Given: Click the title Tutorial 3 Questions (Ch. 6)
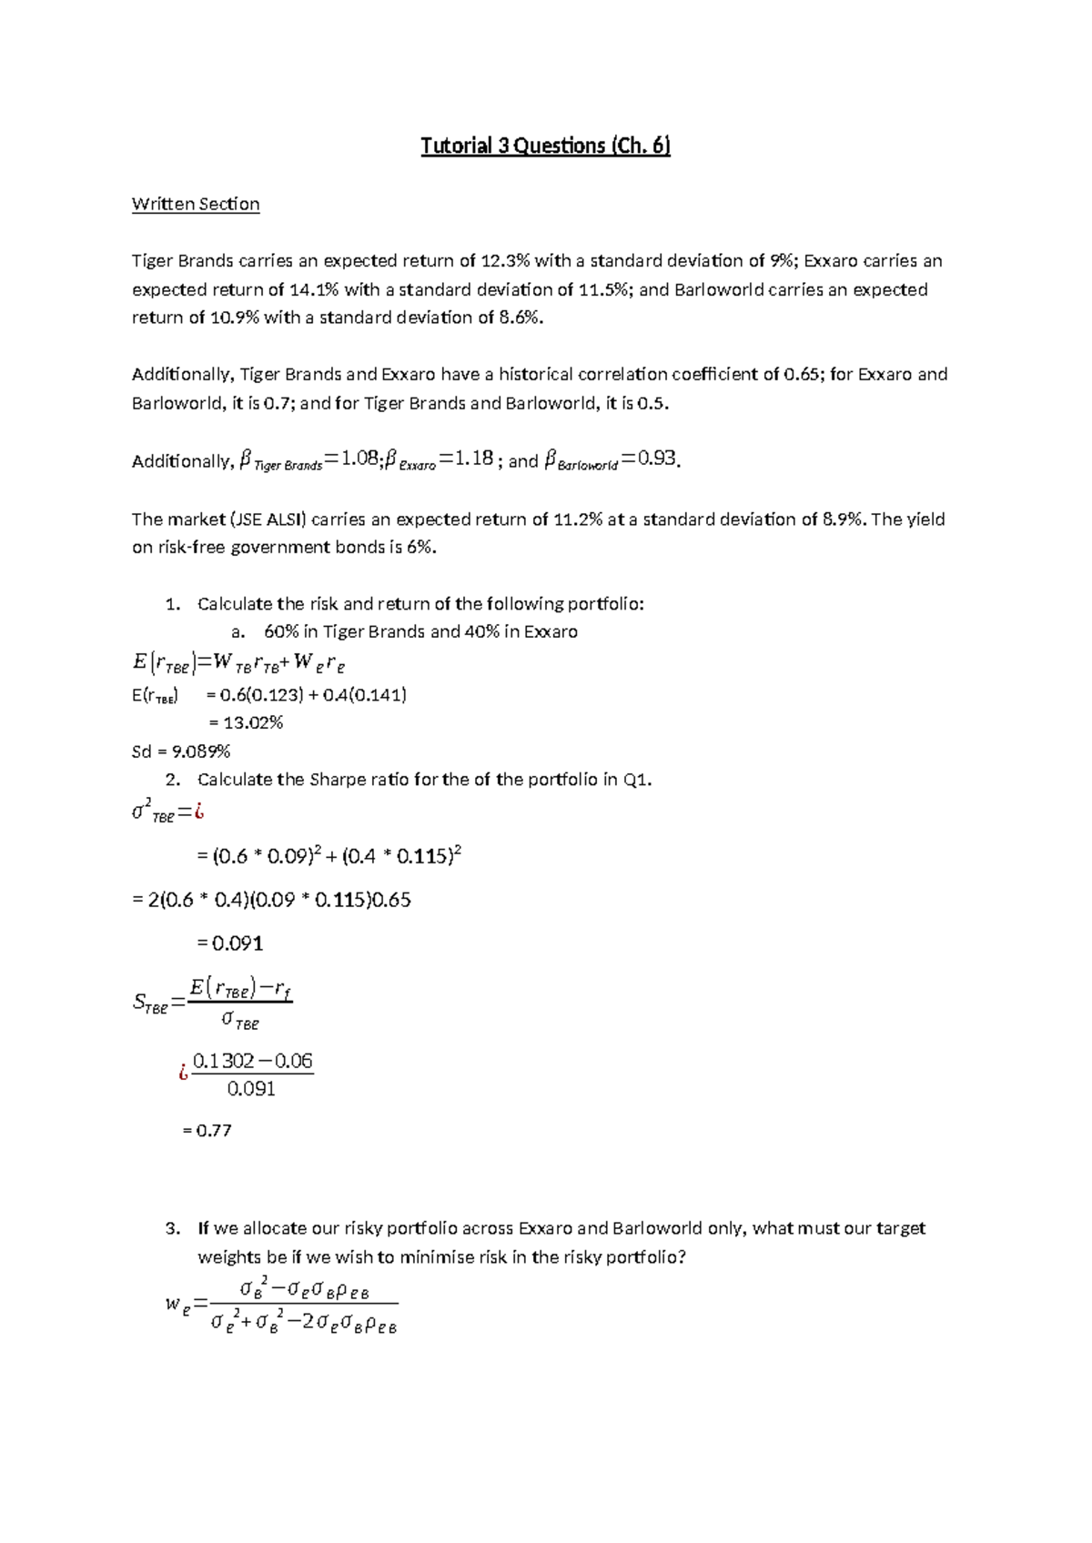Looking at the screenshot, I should tap(545, 146).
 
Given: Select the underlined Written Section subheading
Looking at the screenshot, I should tap(196, 204).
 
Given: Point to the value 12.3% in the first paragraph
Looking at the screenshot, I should tap(505, 261).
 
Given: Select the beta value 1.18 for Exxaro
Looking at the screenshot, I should tap(472, 459).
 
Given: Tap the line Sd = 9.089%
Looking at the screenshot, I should tap(181, 751).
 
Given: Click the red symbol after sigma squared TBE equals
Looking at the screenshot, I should tap(198, 812).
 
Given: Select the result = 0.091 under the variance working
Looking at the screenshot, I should tap(230, 943).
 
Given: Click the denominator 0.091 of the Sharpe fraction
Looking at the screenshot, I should tap(251, 1089).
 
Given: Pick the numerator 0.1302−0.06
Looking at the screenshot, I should tap(253, 1061).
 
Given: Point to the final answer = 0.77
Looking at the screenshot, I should tap(207, 1131).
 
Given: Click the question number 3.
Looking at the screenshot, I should tap(173, 1228).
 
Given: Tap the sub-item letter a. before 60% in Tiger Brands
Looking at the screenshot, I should tap(238, 631).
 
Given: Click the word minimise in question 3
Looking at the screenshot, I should tap(415, 1257).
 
